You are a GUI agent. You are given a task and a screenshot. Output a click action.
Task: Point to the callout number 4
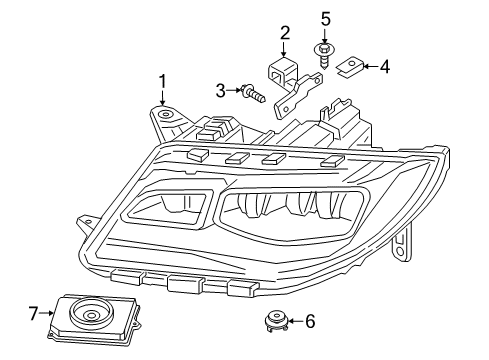384,67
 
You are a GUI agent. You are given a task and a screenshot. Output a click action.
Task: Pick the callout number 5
325,19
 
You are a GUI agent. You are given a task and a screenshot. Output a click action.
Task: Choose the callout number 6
310,321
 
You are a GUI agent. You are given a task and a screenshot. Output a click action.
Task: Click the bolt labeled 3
253,96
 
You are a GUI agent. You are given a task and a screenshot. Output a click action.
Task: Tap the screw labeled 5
325,51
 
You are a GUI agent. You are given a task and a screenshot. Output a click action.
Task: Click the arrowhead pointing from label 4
364,68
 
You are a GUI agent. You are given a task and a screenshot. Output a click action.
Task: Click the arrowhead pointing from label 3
238,92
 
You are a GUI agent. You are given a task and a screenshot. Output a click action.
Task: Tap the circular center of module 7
90,317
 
